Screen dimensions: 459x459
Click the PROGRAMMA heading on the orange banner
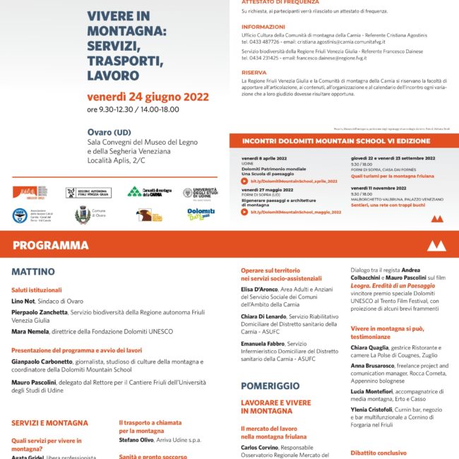click(50, 246)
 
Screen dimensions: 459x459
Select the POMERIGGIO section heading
click(270, 386)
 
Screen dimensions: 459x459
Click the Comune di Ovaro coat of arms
click(83, 215)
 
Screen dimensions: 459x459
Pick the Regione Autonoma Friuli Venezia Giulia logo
click(88, 193)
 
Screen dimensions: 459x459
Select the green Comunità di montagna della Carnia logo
click(149, 192)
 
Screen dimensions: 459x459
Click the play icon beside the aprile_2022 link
click(244, 181)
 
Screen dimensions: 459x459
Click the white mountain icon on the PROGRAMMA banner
click(437, 245)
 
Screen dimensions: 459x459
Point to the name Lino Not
click(24, 302)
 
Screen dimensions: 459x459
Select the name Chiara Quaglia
click(370, 347)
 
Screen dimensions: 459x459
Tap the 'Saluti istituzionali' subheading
click(37, 290)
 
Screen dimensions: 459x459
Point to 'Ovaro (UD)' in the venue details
click(109, 131)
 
